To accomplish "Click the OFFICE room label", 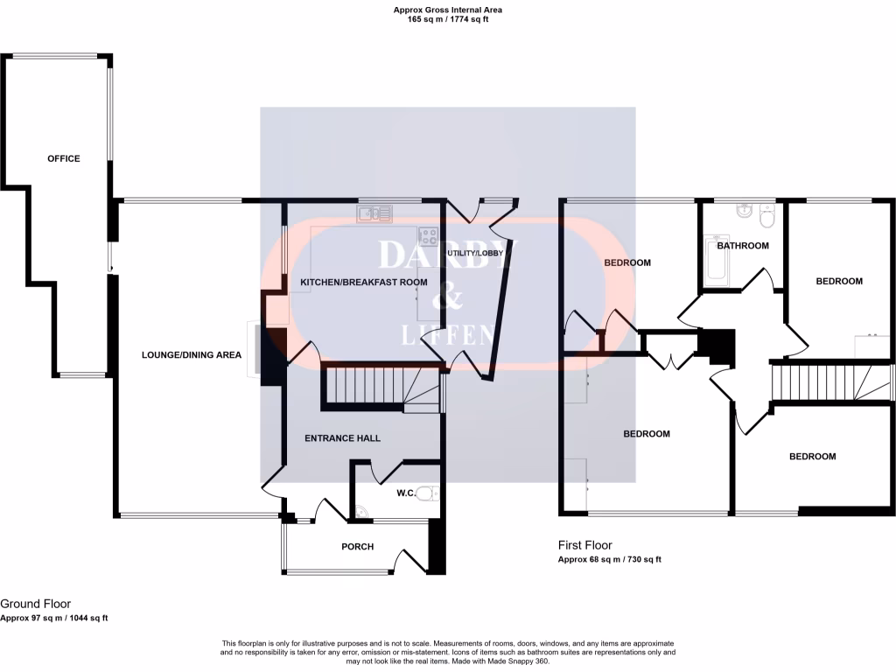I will pyautogui.click(x=63, y=158).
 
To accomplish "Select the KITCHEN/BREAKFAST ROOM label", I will pyautogui.click(x=364, y=283).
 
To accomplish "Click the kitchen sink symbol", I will pyautogui.click(x=374, y=213).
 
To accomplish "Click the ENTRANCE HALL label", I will pyautogui.click(x=342, y=438).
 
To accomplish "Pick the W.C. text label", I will pyautogui.click(x=406, y=493).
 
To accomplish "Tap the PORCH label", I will pyautogui.click(x=357, y=547).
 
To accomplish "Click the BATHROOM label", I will pyautogui.click(x=743, y=246).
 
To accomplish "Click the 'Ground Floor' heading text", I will pyautogui.click(x=35, y=604).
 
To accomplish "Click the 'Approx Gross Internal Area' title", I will pyautogui.click(x=447, y=10).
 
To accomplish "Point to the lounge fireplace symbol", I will pyautogui.click(x=254, y=351).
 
